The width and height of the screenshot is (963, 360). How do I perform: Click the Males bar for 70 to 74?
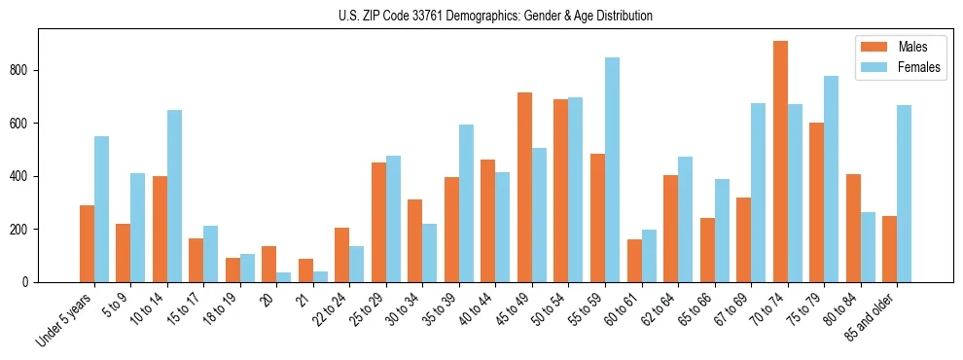780,162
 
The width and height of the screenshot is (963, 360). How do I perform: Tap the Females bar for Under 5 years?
101,209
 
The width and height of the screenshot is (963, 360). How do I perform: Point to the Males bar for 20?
269,264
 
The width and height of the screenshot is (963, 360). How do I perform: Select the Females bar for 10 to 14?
174,197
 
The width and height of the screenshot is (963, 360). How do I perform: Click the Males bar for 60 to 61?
634,261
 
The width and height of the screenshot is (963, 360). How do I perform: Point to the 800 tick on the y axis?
39,70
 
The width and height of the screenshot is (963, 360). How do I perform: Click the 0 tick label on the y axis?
30,282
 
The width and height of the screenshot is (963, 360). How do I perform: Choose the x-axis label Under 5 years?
66,320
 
